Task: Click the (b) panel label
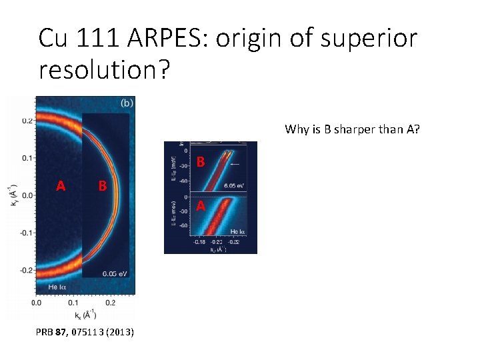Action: pos(126,103)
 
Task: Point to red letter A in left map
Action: pos(61,186)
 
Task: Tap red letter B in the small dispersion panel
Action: pos(201,161)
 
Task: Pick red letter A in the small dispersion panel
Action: pos(200,206)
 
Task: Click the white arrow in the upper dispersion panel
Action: pos(235,163)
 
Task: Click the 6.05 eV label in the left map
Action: pos(114,273)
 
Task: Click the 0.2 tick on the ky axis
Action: pos(26,121)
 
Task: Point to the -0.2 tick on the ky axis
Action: pos(25,271)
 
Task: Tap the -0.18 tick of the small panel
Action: pos(198,242)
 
